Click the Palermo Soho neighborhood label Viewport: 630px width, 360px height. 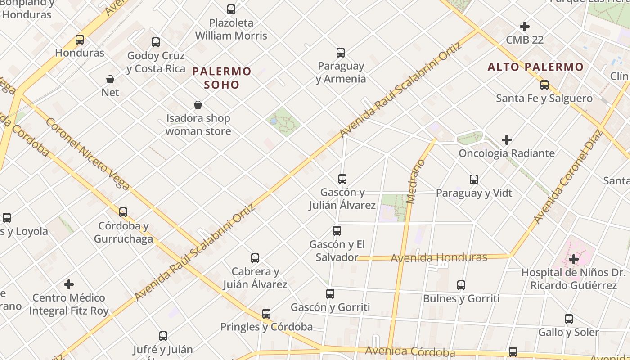click(222, 78)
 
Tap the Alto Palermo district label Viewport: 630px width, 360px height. click(535, 67)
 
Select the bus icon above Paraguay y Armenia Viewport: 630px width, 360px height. click(341, 53)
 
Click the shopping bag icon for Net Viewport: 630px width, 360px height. click(110, 80)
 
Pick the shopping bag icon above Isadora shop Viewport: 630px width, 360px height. click(198, 105)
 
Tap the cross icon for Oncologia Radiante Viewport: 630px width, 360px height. click(507, 140)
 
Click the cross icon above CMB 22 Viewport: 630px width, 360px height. click(525, 27)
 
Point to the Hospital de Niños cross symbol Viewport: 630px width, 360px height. click(573, 259)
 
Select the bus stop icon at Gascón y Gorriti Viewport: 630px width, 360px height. click(330, 294)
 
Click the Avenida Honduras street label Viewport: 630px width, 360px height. click(439, 258)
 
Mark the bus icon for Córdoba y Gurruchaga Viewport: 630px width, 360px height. click(123, 212)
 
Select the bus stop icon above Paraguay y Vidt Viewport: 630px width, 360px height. click(474, 180)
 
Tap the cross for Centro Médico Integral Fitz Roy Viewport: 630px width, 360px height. click(69, 284)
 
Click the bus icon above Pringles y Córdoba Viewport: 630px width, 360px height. click(266, 313)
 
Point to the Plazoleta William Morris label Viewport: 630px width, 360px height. click(231, 29)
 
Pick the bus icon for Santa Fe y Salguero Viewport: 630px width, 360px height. click(544, 85)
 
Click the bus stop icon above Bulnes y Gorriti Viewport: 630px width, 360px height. click(461, 285)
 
